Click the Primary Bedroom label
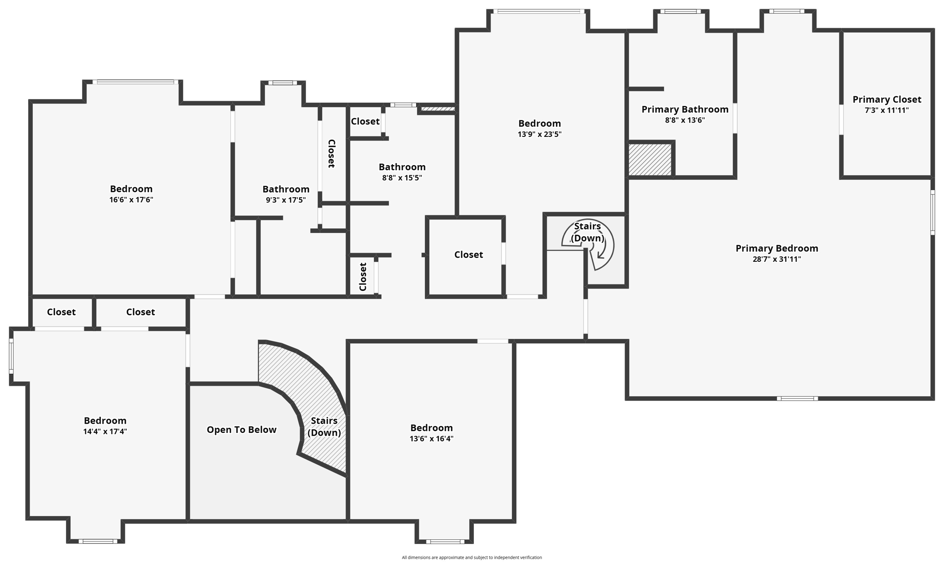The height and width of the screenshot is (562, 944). pyautogui.click(x=777, y=248)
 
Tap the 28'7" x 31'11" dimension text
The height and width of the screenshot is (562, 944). pyautogui.click(x=777, y=259)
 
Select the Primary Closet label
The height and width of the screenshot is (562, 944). pyautogui.click(x=886, y=99)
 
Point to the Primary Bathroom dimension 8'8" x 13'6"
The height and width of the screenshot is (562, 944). pyautogui.click(x=684, y=120)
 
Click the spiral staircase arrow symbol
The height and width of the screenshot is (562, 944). pyautogui.click(x=601, y=251)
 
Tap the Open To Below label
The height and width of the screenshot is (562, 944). pyautogui.click(x=241, y=430)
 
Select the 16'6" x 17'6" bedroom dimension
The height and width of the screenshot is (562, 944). pyautogui.click(x=131, y=200)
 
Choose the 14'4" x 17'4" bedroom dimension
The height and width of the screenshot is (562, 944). pyautogui.click(x=105, y=432)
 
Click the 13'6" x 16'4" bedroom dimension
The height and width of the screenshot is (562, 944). pyautogui.click(x=431, y=439)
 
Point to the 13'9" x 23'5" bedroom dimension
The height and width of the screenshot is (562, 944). pyautogui.click(x=539, y=135)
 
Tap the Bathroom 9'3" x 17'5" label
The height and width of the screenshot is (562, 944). pyautogui.click(x=286, y=189)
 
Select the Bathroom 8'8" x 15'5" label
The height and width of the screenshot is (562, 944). pyautogui.click(x=402, y=167)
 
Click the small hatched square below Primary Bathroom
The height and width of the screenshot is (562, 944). pyautogui.click(x=650, y=160)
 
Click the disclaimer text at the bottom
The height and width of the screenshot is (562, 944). pyautogui.click(x=472, y=557)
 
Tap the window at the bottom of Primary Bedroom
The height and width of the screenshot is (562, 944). pyautogui.click(x=797, y=398)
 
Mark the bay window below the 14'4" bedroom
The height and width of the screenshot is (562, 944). pyautogui.click(x=97, y=541)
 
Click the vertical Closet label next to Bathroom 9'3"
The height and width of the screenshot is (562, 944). pyautogui.click(x=331, y=154)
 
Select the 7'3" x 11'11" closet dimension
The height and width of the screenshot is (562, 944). pyautogui.click(x=886, y=111)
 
